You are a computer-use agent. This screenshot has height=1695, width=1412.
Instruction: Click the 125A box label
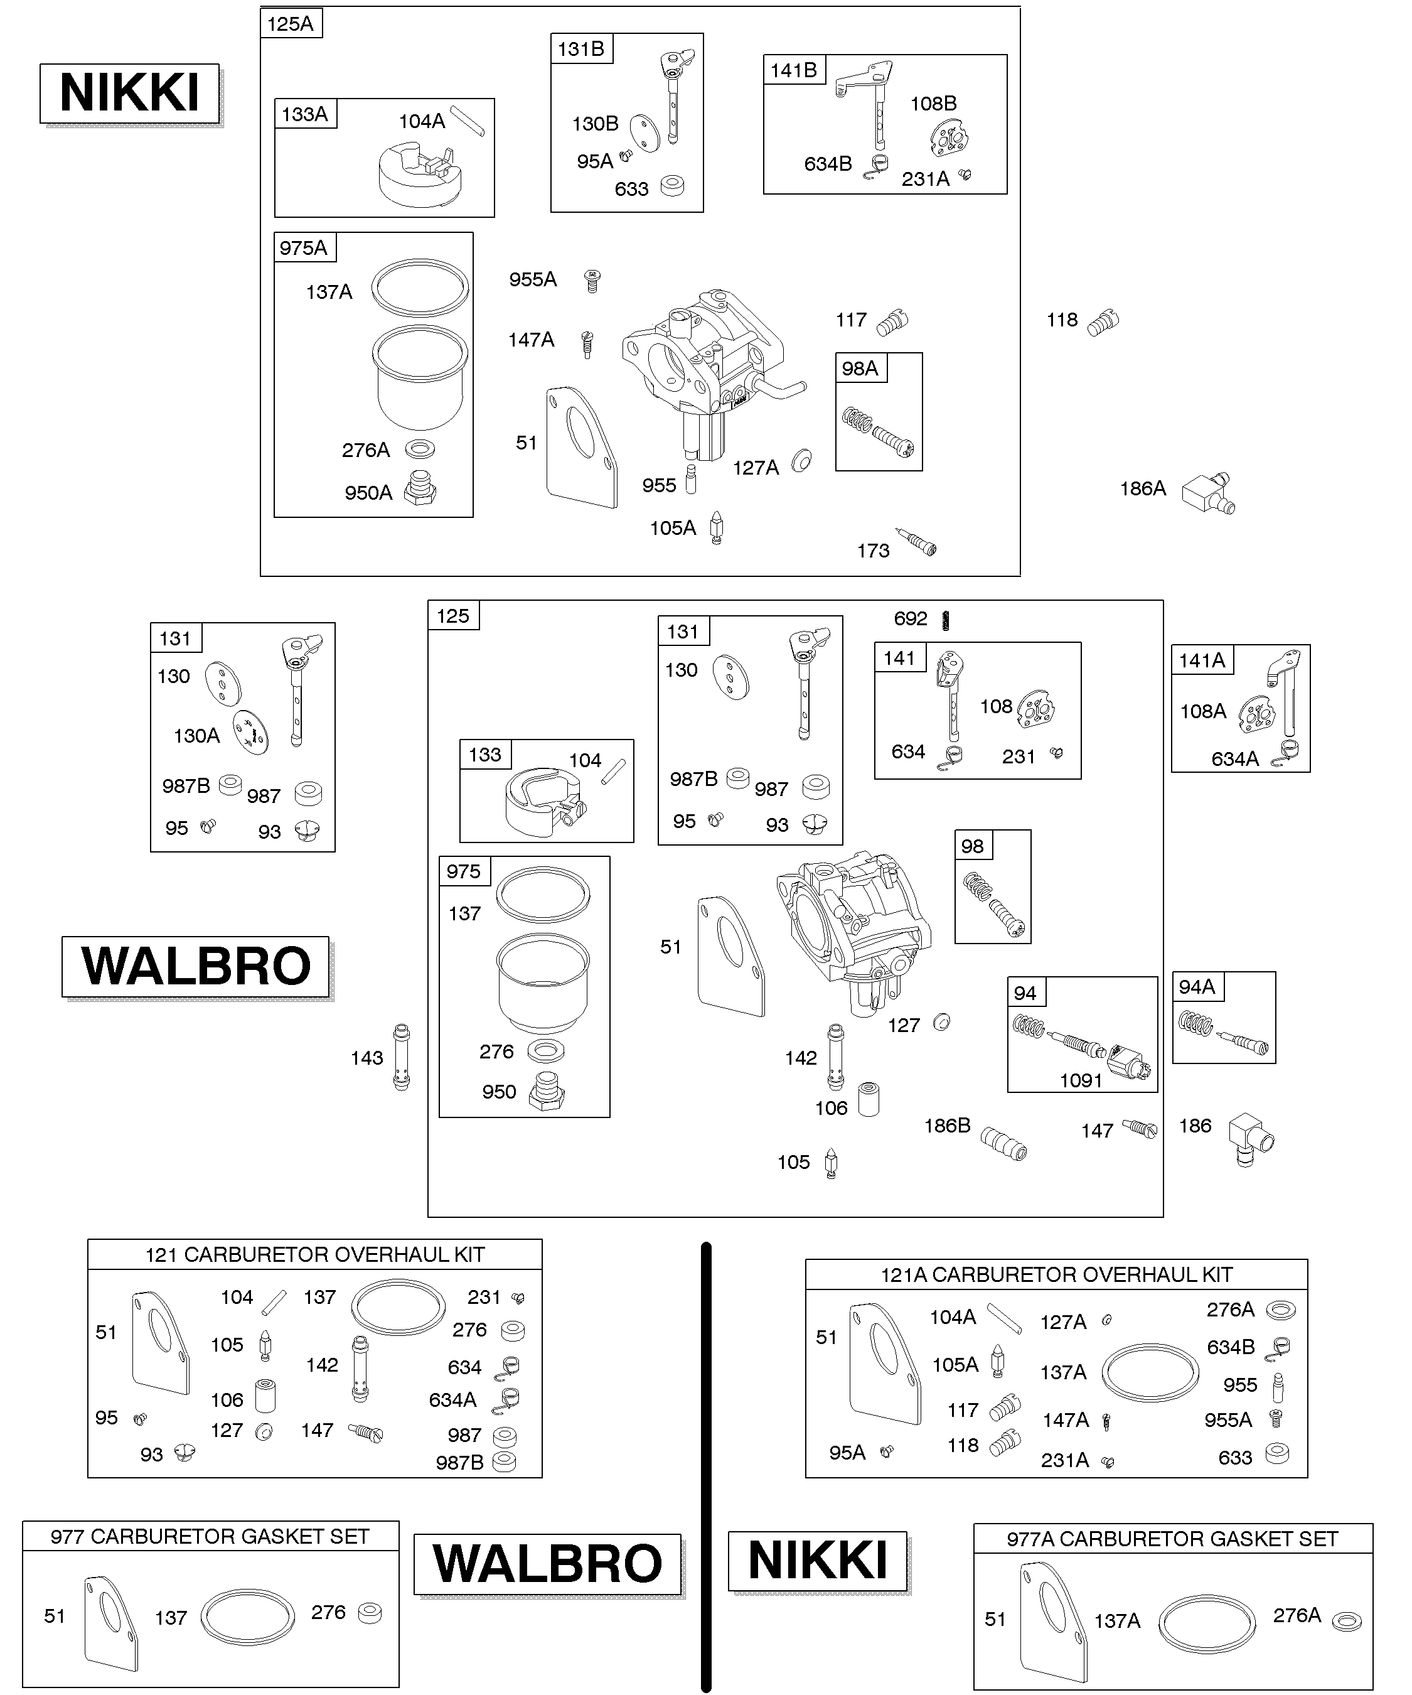291,23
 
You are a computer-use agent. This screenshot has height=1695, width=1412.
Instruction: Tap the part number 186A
1143,488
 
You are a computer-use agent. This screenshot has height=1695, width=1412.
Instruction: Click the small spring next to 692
946,620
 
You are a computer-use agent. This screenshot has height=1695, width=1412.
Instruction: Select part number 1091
1081,1080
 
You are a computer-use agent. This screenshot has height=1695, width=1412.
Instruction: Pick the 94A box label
1197,987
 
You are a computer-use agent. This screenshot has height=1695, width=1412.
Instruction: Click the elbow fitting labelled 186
1251,1139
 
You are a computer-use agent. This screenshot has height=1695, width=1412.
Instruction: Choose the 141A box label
1201,660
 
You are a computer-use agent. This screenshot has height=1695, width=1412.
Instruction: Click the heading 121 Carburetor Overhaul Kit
314,1255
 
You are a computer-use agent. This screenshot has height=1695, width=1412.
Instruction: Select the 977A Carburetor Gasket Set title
1172,1539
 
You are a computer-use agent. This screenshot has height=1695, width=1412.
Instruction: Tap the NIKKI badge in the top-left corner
130,93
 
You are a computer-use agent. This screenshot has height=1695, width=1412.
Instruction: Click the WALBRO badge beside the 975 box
196,966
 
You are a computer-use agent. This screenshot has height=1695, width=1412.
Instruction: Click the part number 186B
947,1125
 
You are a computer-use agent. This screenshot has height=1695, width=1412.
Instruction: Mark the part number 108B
934,104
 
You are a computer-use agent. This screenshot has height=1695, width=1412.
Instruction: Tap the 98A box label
860,368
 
